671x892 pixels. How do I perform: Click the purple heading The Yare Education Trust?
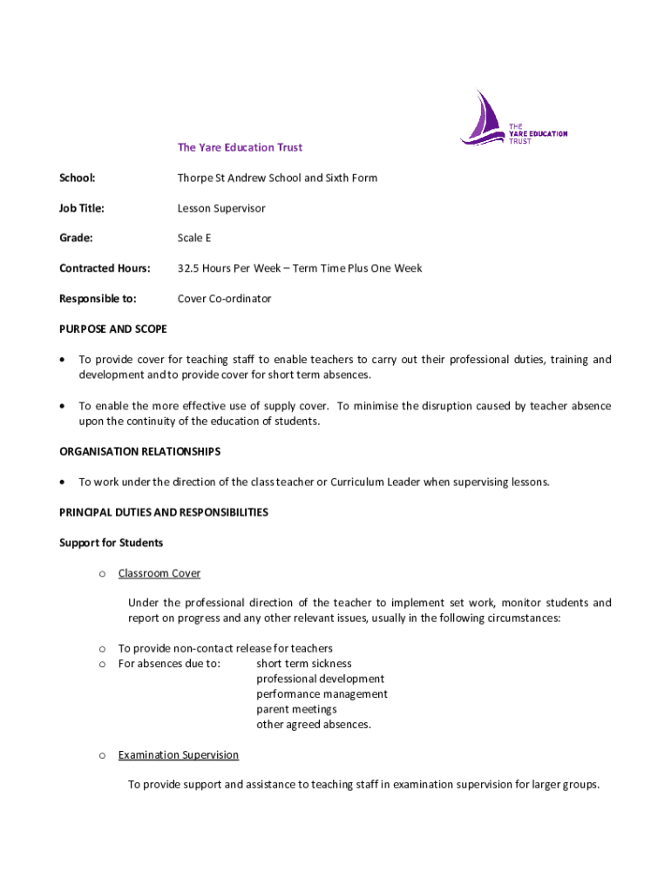pos(240,148)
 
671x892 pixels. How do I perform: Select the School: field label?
pos(77,178)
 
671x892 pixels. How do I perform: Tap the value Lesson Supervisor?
pos(221,208)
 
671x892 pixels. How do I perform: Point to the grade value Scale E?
pos(194,238)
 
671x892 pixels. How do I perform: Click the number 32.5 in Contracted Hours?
pos(189,268)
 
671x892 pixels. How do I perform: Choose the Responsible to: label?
pos(98,299)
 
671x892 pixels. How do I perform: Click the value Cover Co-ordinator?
pos(224,299)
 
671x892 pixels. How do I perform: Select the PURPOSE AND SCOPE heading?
pos(113,329)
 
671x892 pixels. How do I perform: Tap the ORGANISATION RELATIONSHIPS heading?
pos(139,451)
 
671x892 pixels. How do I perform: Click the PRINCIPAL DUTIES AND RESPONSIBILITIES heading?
pos(164,512)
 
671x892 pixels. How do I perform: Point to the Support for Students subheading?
pos(111,543)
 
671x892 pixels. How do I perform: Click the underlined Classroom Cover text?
pos(159,573)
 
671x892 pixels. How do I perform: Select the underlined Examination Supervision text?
pos(179,754)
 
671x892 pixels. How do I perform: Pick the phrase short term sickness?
pos(304,664)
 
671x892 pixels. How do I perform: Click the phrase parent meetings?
pos(296,709)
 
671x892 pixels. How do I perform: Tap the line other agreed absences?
pos(314,725)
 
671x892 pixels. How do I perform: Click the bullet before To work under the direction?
pos(64,482)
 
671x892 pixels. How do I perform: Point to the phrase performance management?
pos(322,694)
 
